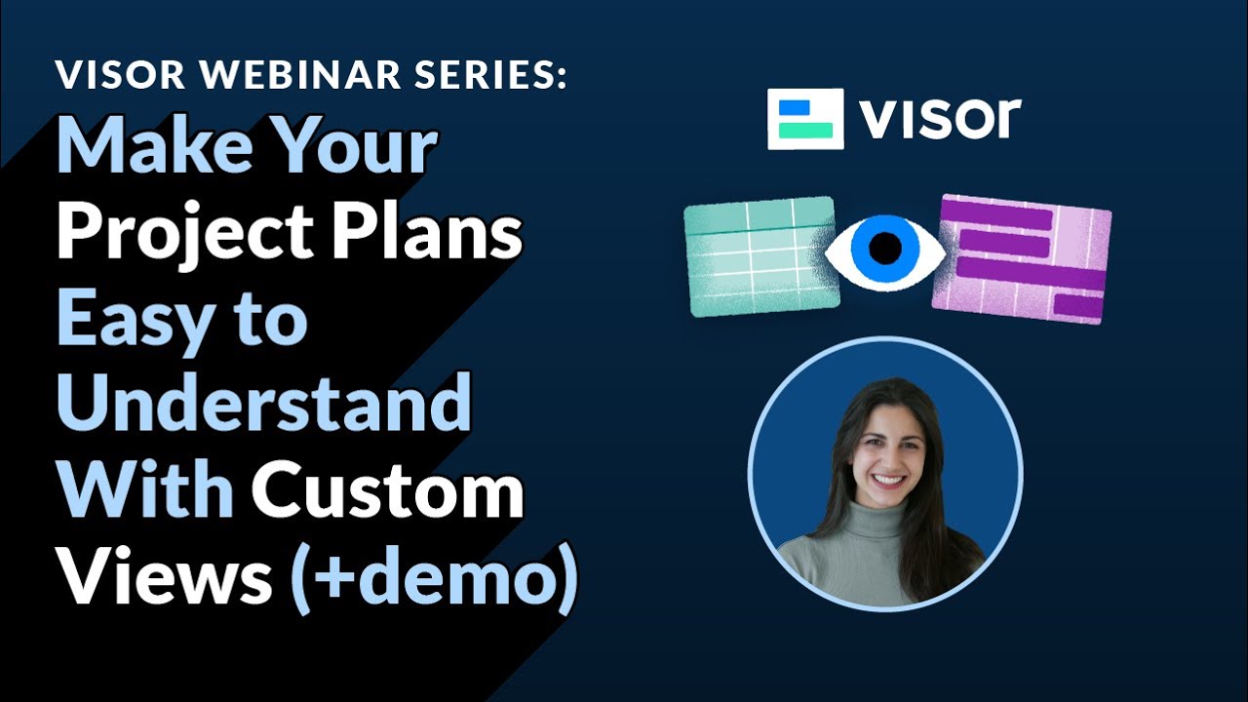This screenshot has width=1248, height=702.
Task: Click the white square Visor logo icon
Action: point(805,119)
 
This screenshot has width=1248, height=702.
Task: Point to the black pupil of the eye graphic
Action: point(885,248)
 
